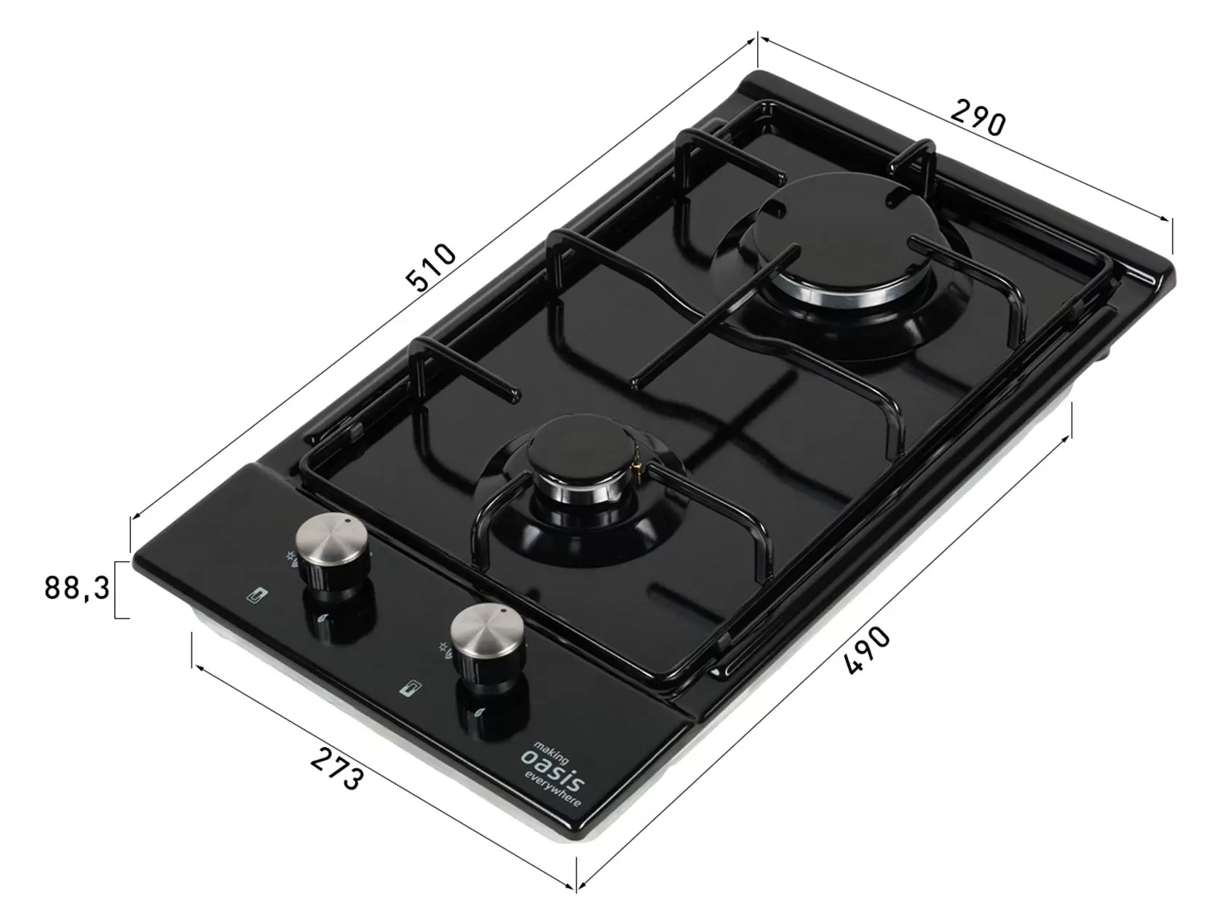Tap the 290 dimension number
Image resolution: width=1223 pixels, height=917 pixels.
tap(978, 117)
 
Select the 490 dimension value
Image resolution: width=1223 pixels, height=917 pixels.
tap(867, 650)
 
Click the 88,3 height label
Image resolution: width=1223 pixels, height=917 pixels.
tap(77, 588)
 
